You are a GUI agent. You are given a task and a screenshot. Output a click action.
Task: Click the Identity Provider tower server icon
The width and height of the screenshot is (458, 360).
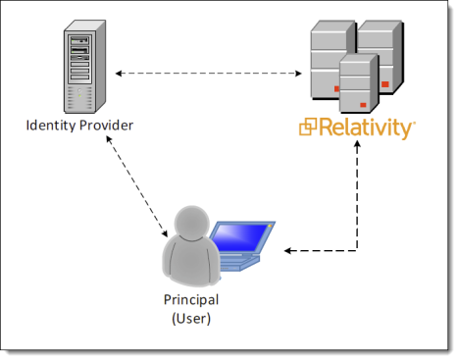point(84,67)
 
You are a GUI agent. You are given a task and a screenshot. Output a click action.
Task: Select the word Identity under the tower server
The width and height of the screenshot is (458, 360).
point(51,126)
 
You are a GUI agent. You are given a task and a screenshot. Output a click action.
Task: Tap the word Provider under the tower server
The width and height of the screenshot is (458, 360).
point(106,126)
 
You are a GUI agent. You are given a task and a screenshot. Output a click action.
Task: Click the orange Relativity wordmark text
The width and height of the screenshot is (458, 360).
point(366,129)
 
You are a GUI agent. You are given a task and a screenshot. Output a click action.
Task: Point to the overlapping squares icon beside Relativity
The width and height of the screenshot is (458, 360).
point(308,127)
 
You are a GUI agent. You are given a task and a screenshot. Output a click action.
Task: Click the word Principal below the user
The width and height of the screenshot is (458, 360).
point(191,300)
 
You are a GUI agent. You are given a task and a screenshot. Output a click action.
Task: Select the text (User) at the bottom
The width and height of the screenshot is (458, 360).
point(191,319)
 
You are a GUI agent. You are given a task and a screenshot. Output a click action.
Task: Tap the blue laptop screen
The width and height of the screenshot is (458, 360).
point(242,236)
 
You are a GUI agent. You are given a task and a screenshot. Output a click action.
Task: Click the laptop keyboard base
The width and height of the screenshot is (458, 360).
point(240,263)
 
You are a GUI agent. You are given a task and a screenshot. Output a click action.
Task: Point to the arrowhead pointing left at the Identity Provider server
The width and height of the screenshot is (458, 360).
point(119,74)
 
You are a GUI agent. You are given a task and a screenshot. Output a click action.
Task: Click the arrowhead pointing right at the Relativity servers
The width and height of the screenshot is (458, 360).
point(298,74)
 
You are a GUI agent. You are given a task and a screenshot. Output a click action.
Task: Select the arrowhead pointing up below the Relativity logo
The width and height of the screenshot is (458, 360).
point(357,144)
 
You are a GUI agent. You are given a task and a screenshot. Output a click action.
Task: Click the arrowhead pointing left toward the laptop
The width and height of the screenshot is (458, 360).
point(287,251)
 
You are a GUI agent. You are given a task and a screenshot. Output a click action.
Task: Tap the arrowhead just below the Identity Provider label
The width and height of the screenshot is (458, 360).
point(109,138)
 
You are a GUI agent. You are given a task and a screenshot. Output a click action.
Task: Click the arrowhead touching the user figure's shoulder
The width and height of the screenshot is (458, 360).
point(165,233)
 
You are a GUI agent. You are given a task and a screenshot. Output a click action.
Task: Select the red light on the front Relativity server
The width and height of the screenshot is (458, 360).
point(363,105)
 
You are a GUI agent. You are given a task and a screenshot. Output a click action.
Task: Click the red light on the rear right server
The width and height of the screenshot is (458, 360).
point(385,84)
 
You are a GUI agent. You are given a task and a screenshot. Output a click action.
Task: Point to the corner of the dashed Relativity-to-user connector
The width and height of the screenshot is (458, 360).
point(357,251)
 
